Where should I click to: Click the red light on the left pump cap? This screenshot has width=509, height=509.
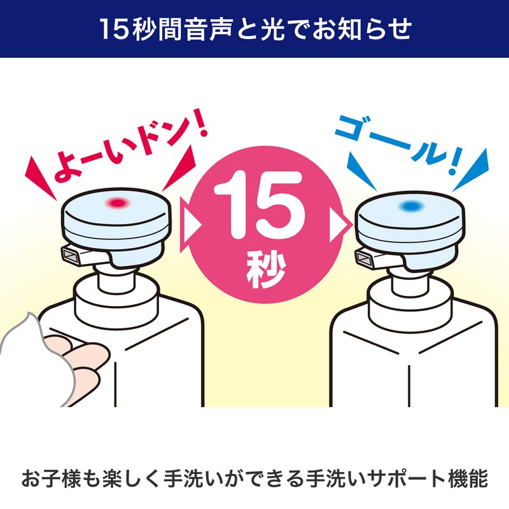point(118,203)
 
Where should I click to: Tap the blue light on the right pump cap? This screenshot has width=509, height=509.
point(411,206)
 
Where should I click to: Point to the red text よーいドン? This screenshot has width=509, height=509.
point(130,146)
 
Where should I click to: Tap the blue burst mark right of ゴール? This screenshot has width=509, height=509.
point(471,170)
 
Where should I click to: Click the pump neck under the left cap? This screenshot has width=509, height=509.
point(116,277)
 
